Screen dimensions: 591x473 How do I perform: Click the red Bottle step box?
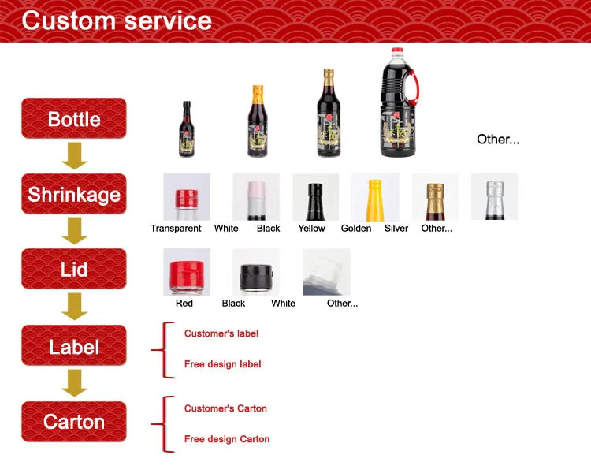[x=74, y=118]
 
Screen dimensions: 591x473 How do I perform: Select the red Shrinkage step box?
[x=74, y=194]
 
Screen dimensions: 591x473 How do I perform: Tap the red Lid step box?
[x=74, y=269]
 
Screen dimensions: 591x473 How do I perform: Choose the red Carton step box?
[x=74, y=421]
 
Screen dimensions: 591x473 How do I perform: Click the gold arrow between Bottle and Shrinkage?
[x=75, y=156]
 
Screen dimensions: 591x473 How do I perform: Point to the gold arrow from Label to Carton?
[x=75, y=383]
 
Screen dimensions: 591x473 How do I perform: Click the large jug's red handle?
[x=414, y=88]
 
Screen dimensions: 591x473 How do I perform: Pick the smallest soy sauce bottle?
[x=187, y=129]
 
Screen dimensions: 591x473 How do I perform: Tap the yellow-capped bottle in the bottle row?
[x=258, y=121]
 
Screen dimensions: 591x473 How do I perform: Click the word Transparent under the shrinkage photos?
[x=176, y=228]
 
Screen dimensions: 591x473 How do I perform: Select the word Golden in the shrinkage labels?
[x=356, y=228]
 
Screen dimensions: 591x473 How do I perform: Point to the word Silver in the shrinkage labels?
[x=396, y=228]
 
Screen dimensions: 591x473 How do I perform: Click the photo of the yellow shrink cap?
[x=375, y=197]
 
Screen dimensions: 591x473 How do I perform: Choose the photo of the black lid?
[x=256, y=271]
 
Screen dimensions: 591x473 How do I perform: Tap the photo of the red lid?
[x=187, y=271]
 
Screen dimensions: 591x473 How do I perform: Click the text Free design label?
[x=223, y=364]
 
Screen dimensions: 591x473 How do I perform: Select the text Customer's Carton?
[x=225, y=408]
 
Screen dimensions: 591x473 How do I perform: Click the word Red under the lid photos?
[x=184, y=303]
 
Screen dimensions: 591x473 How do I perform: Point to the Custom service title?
[x=117, y=20]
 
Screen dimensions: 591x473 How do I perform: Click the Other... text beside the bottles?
[x=498, y=140]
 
